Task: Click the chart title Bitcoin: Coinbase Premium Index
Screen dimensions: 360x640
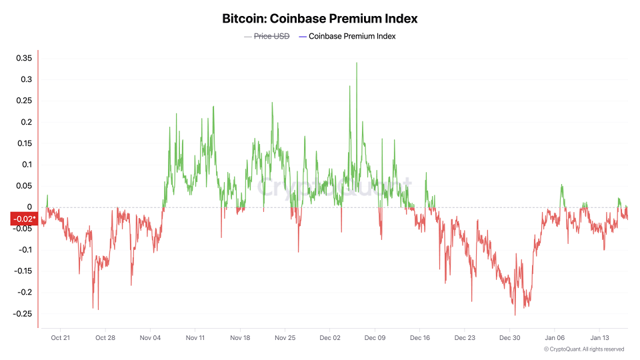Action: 320,19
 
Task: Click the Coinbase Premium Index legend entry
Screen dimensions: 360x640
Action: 352,36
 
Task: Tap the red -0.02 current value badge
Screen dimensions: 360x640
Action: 24,219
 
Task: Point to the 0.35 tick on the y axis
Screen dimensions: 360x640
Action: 24,59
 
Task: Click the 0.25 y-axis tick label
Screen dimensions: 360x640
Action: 24,101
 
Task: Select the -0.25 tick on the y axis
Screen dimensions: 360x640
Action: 23,313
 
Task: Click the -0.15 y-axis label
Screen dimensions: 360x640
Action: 23,271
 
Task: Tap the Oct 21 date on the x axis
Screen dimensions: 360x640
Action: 60,338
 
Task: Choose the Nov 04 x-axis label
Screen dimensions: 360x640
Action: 150,338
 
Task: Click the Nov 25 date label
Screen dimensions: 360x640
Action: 285,338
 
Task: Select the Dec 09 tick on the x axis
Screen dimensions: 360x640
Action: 375,338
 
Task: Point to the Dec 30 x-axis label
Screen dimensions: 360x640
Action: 510,338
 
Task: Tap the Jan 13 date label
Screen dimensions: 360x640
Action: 599,338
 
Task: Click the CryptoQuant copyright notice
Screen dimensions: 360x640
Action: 584,349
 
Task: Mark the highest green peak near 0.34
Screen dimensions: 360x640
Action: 357,63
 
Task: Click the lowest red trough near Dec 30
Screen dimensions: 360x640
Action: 515,315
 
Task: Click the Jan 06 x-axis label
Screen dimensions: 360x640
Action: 555,338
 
